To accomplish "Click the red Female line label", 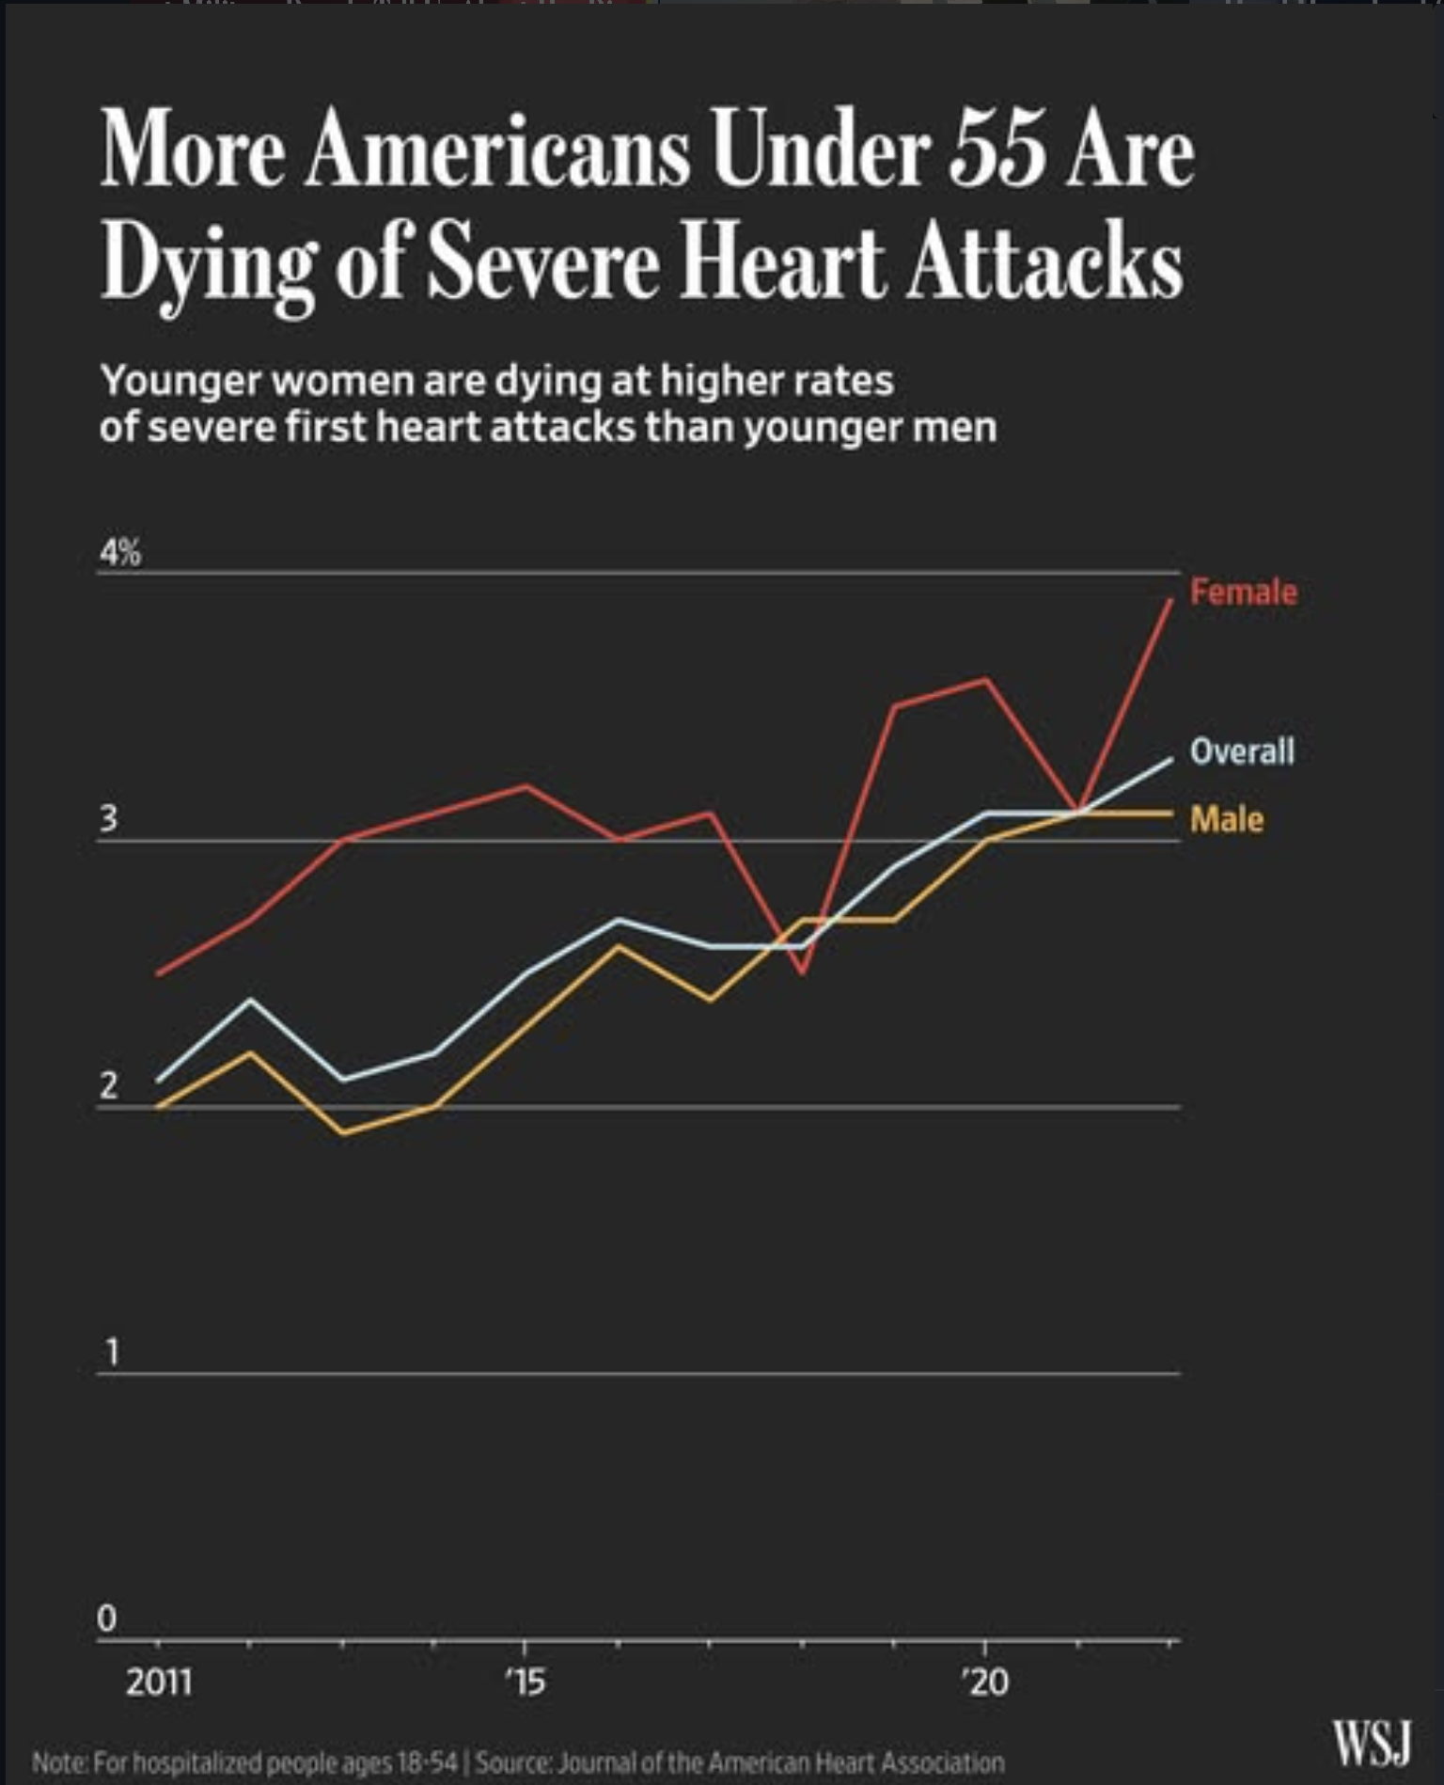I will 1243,592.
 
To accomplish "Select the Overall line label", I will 1242,750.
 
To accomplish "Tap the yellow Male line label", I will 1226,819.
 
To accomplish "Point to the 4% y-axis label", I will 120,553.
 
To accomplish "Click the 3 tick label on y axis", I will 109,819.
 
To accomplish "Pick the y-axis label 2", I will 109,1085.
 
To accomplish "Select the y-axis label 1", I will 112,1352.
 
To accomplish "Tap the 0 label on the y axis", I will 107,1619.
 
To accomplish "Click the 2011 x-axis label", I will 159,1681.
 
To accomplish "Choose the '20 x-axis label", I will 985,1681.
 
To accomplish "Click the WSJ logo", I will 1372,1743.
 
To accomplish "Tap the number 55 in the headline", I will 996,150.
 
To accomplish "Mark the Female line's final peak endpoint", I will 1170,599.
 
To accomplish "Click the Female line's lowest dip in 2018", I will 802,972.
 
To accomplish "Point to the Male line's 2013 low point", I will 343,1133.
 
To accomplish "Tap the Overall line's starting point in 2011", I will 158,1080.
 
